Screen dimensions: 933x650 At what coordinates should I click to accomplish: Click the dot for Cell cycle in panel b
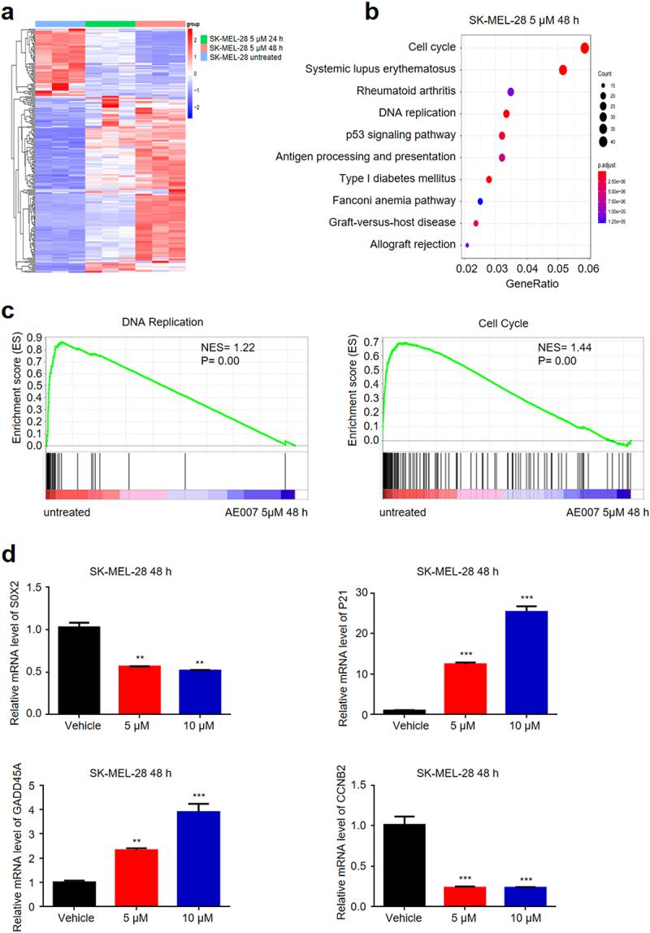pos(584,48)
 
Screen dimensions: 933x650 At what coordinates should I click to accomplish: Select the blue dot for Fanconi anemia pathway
pos(480,201)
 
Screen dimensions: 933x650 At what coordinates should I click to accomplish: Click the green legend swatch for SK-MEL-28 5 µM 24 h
pos(204,38)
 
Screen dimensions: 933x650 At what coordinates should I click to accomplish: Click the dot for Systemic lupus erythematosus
pos(563,70)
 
